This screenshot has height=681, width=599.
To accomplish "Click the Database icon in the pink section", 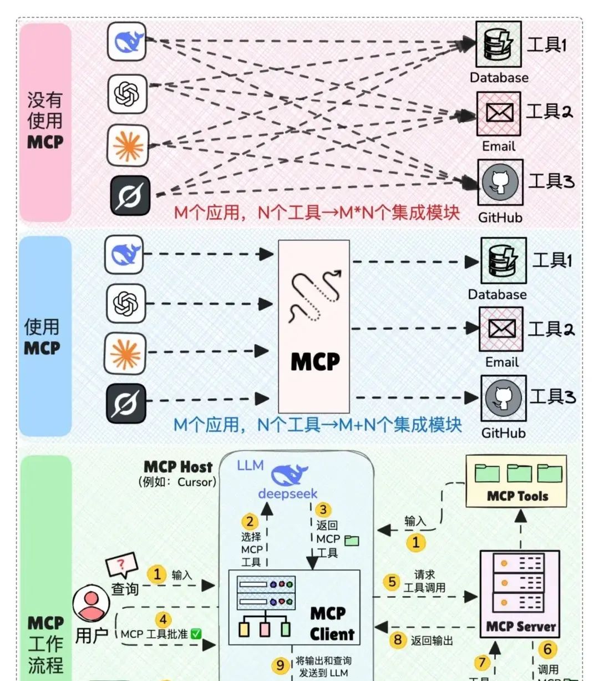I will (499, 44).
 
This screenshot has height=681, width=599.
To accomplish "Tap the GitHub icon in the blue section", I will (503, 397).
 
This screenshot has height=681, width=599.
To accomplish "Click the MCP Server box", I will (520, 594).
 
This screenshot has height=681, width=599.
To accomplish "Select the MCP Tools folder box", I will (516, 481).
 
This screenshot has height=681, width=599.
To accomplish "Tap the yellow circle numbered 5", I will (392, 582).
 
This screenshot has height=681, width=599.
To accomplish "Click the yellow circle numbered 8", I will (398, 640).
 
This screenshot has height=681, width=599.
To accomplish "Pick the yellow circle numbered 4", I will (163, 619).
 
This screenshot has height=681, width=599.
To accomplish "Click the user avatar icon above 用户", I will (91, 604).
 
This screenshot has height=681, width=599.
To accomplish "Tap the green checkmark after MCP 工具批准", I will (196, 634).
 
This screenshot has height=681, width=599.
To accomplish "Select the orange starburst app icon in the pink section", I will (128, 145).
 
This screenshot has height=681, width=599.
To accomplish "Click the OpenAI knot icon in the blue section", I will (126, 303).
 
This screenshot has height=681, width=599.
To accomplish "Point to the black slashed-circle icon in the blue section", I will (126, 403).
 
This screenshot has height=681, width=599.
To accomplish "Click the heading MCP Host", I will (178, 467).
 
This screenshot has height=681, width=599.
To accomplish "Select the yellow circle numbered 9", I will (281, 665).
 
